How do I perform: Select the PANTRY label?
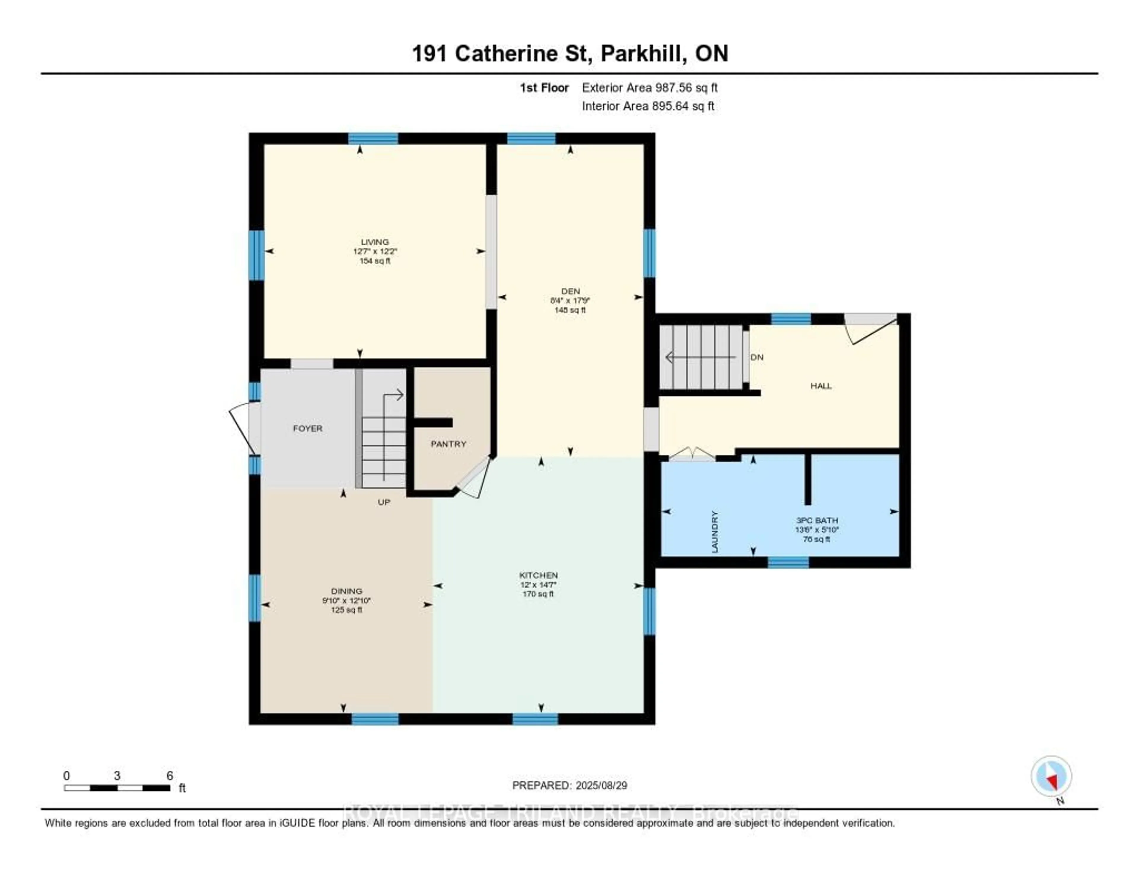click(448, 444)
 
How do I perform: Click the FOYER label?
click(307, 428)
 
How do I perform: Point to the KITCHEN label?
click(538, 575)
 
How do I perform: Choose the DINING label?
click(346, 591)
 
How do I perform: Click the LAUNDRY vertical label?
click(715, 532)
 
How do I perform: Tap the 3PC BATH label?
click(817, 520)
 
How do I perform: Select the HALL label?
click(820, 386)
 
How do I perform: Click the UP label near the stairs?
click(384, 502)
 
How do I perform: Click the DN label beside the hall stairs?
click(757, 357)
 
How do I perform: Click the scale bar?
click(117, 788)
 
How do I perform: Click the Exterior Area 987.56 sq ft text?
click(649, 88)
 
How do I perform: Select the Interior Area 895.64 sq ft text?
click(648, 107)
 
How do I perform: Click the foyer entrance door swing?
click(243, 428)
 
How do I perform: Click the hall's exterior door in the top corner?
click(871, 329)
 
